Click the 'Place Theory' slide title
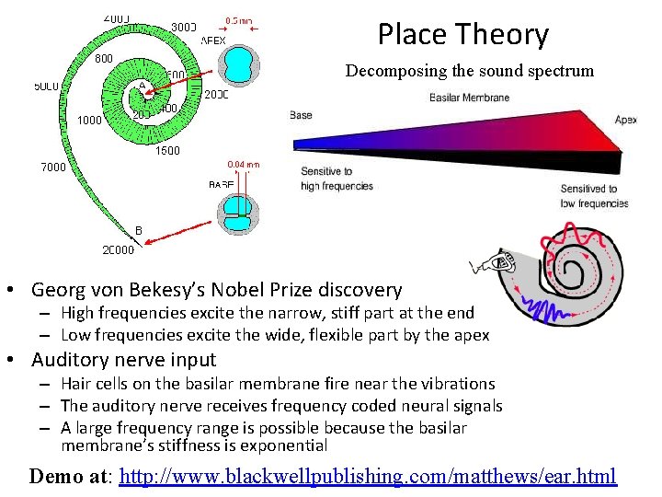pos(462,35)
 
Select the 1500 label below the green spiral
pos(167,151)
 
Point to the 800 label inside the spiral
pos(105,59)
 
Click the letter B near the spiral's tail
pos(139,229)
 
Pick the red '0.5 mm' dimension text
pos(241,20)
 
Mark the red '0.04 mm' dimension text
pos(244,165)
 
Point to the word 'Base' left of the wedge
pos(301,115)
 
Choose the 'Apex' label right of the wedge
pos(625,119)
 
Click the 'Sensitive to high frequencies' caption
pos(337,179)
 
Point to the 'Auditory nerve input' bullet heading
pos(123,360)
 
